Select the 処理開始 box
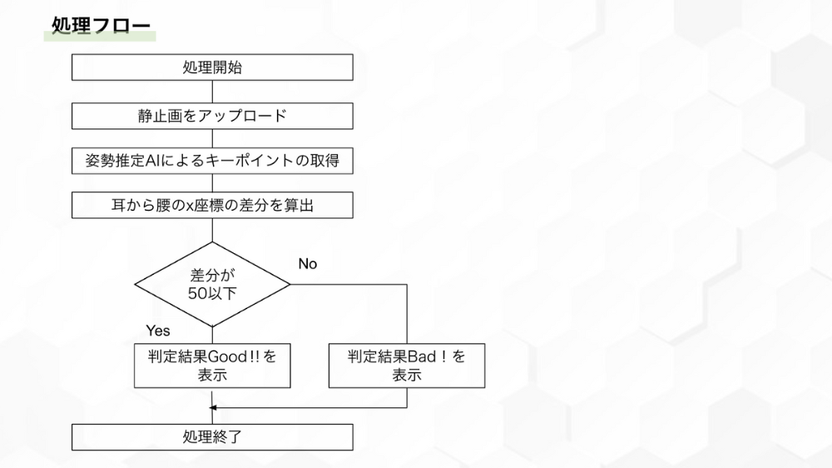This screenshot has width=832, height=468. [x=212, y=67]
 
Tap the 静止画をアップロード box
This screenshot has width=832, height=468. [x=212, y=115]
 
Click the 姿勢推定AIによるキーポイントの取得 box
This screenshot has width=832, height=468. [x=212, y=161]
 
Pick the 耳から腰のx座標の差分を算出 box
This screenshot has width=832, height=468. [x=212, y=205]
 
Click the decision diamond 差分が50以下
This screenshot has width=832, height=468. [x=212, y=284]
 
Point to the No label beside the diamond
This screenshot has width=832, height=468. [x=308, y=264]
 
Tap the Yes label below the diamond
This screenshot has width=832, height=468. [x=157, y=331]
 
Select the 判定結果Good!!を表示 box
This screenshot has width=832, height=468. [x=212, y=366]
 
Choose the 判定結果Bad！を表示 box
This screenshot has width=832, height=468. [x=407, y=366]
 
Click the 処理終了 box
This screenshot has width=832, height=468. [x=212, y=436]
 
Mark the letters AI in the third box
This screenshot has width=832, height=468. [x=154, y=161]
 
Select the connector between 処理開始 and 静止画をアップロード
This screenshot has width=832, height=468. [x=212, y=92]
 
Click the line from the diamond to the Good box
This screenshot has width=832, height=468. [x=212, y=335]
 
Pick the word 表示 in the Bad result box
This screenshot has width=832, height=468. [x=407, y=376]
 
